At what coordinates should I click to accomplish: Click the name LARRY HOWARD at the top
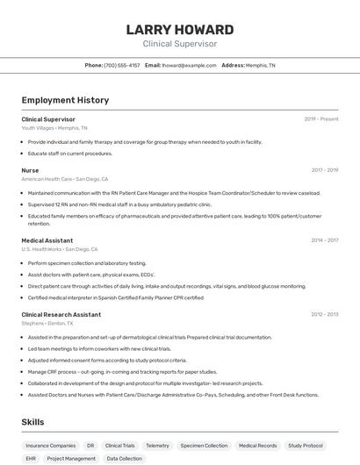coord(179,29)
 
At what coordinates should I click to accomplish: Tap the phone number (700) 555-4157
coord(121,65)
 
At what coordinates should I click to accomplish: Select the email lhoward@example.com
coord(189,65)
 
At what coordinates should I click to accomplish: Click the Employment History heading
coord(65,100)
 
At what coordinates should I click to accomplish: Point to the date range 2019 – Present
coord(321,118)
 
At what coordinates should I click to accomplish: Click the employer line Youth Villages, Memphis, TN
coord(54,127)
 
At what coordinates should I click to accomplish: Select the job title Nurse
coord(30,170)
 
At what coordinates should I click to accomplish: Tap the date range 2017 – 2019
coord(324,170)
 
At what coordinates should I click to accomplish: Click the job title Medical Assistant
coord(47,240)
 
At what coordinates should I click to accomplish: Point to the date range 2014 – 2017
coord(324,240)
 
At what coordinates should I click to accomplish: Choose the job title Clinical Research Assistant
coord(61,314)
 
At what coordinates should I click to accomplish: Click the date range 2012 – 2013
coord(324,314)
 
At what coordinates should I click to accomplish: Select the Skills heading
coord(32,422)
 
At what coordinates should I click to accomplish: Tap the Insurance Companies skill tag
coord(51,446)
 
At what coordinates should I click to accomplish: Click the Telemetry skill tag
coord(157,446)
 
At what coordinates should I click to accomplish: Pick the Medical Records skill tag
coord(257,446)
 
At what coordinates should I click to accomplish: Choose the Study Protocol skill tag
coord(306,446)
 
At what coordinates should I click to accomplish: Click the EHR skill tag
coord(31,458)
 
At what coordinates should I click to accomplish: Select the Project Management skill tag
coord(71,458)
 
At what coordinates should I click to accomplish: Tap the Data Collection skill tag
coord(124,458)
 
